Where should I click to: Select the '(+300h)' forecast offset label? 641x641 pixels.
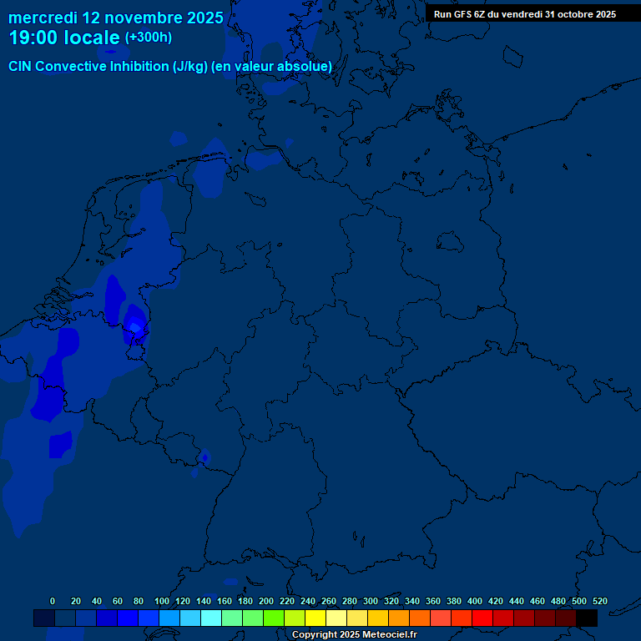coord(148,38)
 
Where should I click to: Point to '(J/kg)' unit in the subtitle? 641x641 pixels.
coord(190,67)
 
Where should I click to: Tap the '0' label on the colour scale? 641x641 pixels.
coord(53,601)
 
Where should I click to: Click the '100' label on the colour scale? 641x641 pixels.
coord(162,601)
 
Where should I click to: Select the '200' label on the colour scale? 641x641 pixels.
coord(266,601)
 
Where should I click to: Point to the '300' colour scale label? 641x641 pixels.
coord(371,601)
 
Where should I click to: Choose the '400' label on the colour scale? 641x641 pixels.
coord(475,601)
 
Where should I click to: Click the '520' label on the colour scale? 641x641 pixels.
coord(599,601)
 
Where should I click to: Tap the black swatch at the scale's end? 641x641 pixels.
coord(587,618)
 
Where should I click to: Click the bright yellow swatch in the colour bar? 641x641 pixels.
coord(315,618)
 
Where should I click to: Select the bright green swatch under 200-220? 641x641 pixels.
coord(274,618)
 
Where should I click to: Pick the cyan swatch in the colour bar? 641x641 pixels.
coord(211,618)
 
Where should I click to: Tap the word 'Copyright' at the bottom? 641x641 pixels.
coord(315,635)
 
